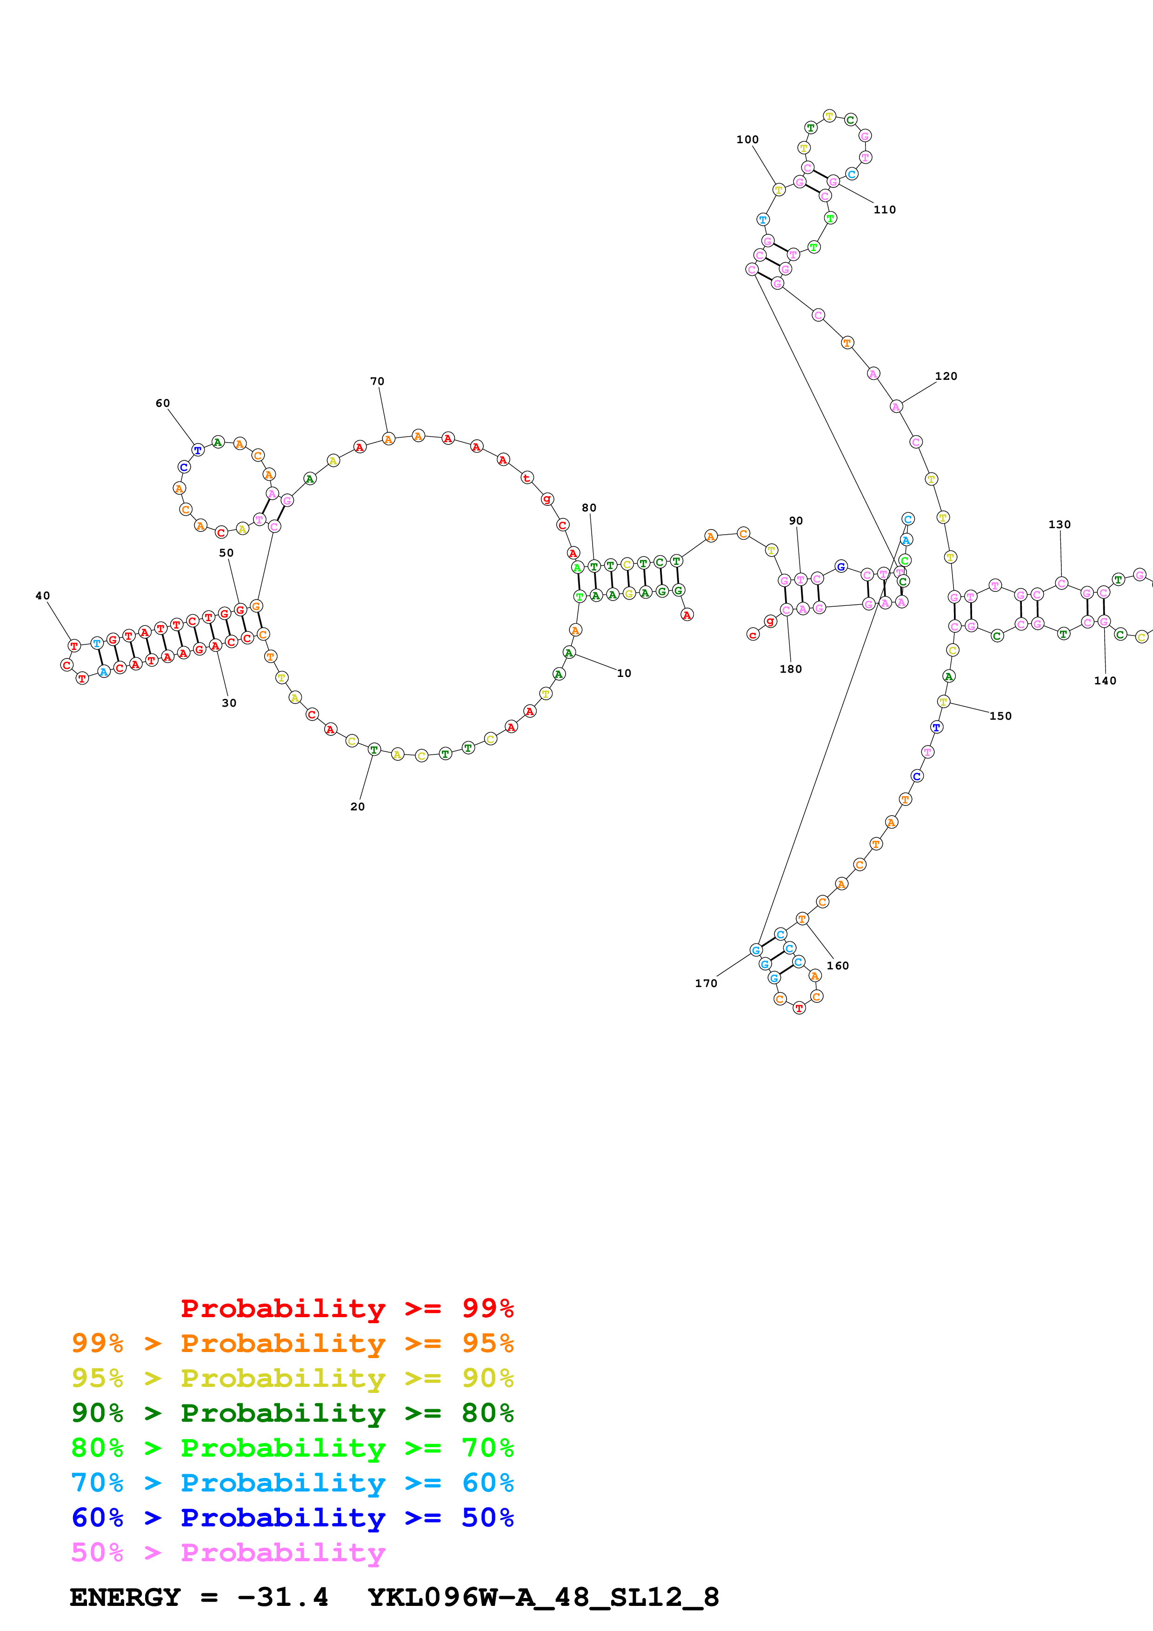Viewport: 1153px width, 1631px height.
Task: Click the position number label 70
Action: tap(377, 381)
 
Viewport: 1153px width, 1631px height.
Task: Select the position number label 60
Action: tap(163, 404)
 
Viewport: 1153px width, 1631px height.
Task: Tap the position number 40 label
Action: tap(43, 596)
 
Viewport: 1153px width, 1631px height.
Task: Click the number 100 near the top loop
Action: tap(747, 140)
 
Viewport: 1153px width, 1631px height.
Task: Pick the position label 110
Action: tap(885, 210)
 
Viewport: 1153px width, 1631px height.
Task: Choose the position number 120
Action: tap(946, 377)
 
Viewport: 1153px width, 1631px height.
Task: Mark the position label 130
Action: tap(1059, 525)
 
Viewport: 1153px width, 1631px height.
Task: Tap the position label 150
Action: tap(1000, 716)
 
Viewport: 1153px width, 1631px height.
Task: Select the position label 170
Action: tap(706, 983)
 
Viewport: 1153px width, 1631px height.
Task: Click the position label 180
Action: tap(791, 669)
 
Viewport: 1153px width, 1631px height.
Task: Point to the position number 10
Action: tap(624, 673)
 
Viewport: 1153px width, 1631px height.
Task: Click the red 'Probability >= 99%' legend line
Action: tap(347, 1308)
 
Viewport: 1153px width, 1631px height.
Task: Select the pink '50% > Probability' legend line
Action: tap(228, 1553)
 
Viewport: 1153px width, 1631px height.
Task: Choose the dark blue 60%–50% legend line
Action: tap(292, 1518)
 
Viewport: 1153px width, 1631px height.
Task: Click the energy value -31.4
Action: tap(283, 1598)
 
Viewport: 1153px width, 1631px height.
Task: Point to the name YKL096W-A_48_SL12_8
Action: tap(543, 1598)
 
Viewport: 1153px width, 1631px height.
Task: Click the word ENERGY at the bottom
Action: tap(125, 1598)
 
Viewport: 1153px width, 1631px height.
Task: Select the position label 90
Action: tap(796, 521)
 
